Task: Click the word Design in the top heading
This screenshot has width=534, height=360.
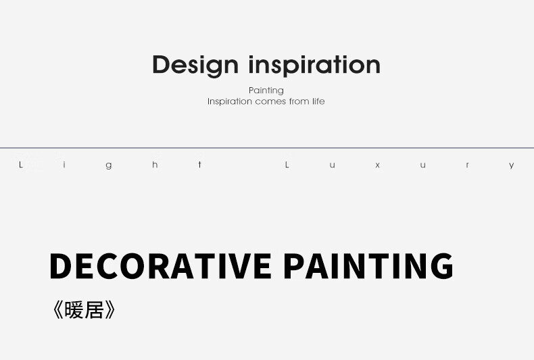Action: click(195, 66)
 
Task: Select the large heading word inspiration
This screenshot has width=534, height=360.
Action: click(314, 66)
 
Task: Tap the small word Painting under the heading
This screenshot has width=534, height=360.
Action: click(266, 91)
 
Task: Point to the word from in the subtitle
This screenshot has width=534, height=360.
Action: click(299, 101)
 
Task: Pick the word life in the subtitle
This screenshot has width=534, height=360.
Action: click(318, 101)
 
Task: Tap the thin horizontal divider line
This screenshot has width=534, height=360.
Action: click(267, 148)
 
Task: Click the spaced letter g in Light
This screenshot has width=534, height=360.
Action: click(109, 165)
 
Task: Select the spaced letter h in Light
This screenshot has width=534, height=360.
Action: click(155, 165)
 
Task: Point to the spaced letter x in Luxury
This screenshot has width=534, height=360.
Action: click(377, 165)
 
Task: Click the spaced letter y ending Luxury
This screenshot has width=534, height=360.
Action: click(512, 165)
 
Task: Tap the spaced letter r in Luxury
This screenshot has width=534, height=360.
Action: click(467, 165)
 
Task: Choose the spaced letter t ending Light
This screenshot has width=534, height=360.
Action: click(200, 165)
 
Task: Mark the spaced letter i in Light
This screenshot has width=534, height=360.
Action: click(64, 165)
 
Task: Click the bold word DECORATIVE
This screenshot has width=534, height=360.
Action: click(160, 266)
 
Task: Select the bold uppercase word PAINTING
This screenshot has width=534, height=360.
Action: click(368, 266)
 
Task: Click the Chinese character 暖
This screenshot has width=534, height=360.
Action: click(74, 310)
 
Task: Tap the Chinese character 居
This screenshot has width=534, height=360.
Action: click(94, 310)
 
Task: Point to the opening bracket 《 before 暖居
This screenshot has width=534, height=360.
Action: click(58, 310)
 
